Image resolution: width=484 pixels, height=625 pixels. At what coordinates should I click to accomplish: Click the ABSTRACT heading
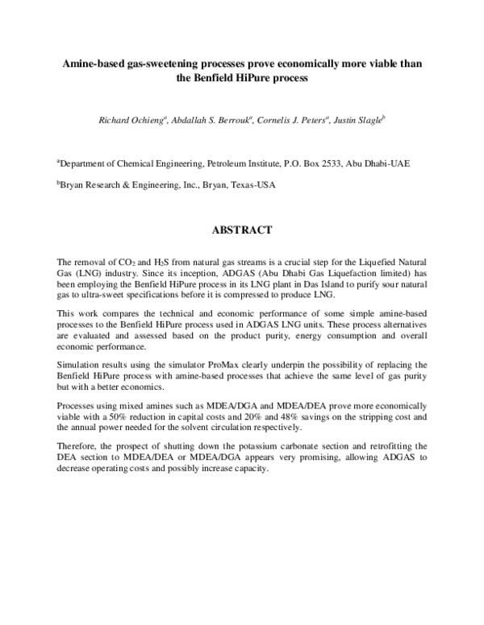[242, 230]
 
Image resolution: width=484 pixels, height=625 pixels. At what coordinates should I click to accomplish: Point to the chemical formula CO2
[127, 263]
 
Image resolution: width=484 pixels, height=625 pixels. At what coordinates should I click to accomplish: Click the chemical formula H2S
[161, 263]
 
